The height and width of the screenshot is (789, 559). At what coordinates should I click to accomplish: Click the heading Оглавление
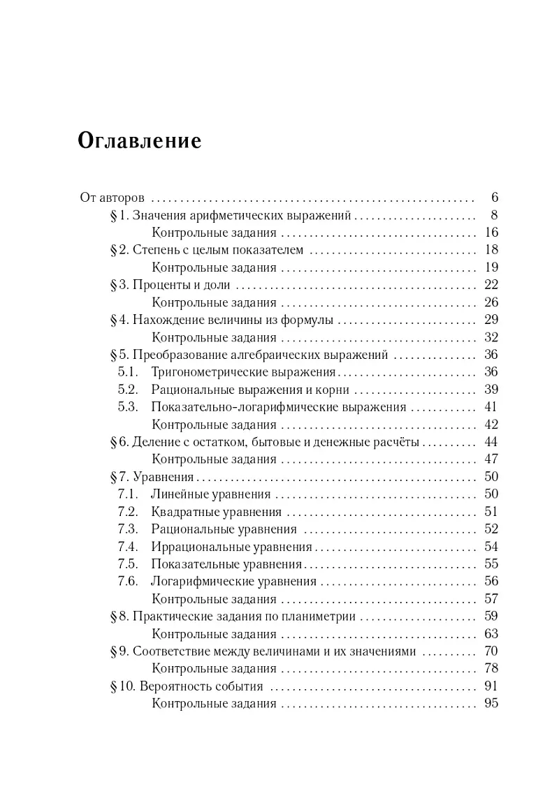pos(140,140)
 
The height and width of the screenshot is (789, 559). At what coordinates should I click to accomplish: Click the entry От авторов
pos(112,198)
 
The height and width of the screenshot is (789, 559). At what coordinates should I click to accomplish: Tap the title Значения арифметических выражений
pos(246,215)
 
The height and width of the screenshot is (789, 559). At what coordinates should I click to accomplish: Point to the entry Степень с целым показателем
pos(218,250)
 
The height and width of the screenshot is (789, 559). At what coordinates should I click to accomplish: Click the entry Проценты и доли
pos(182,285)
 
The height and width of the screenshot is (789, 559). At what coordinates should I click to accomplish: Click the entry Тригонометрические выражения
pos(244,372)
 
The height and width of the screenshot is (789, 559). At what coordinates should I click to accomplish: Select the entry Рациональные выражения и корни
pos(250,390)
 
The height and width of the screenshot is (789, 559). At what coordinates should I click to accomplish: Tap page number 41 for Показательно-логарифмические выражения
pos(490,407)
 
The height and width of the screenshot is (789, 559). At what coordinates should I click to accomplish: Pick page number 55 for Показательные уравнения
pos(490,564)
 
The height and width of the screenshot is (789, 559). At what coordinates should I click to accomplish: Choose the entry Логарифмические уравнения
pos(233,582)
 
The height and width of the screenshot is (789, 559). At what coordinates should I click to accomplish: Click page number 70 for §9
pos(490,651)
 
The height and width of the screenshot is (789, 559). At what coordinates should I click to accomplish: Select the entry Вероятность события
pos(201,686)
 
